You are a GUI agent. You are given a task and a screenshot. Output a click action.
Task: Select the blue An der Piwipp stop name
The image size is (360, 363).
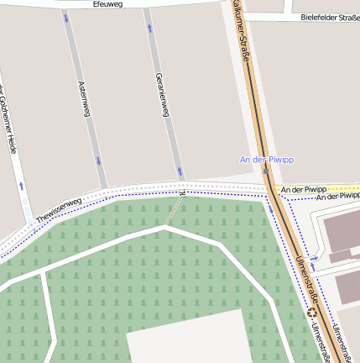coord(265,159)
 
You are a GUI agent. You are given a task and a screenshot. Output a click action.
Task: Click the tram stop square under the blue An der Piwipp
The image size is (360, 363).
coord(266,171)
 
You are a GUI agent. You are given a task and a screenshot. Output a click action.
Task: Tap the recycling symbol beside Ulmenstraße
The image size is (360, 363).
coord(312,312)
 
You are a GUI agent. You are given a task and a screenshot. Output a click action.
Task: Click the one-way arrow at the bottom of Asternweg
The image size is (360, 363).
coord(98,160)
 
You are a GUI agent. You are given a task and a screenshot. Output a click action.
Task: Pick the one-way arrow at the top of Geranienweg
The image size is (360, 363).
coord(149,28)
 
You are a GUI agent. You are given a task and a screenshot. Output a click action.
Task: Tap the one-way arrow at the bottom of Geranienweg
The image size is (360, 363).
coord(180,172)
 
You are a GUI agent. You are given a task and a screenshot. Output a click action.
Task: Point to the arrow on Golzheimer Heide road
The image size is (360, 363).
coord(21,185)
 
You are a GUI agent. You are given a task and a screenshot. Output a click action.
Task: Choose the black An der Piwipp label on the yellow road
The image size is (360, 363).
coord(304,189)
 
